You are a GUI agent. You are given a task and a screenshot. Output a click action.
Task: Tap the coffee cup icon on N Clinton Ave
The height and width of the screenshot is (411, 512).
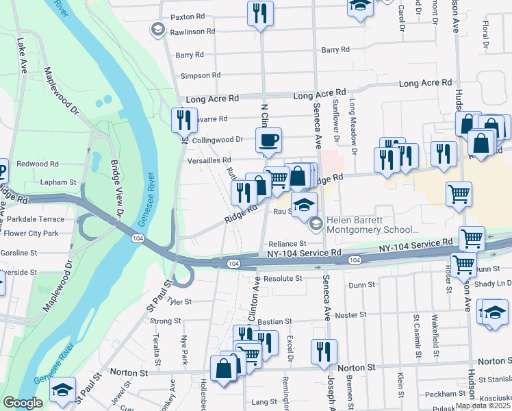click(x=268, y=140)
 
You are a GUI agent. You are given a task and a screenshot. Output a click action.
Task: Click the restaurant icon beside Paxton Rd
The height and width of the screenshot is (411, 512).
click(x=260, y=13)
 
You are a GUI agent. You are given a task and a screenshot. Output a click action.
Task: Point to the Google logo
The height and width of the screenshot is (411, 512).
click(x=23, y=403)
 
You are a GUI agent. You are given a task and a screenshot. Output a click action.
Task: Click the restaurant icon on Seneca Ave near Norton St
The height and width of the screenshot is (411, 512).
click(x=324, y=351)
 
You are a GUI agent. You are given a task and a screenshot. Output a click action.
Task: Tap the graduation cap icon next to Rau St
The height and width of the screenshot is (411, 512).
click(x=304, y=204)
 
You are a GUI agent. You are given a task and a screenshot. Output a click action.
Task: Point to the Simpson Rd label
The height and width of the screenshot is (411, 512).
click(x=200, y=75)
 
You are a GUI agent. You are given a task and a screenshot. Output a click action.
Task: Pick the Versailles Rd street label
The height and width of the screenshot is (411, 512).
click(x=208, y=160)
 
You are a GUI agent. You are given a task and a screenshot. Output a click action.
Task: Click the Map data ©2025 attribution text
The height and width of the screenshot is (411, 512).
click(x=483, y=406)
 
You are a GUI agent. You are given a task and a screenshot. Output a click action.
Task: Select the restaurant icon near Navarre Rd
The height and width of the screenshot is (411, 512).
click(x=184, y=121)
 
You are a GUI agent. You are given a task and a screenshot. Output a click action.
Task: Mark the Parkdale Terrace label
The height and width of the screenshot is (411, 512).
click(x=32, y=219)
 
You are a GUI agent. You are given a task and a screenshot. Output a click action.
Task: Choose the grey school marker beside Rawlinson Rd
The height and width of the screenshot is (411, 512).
click(x=157, y=29)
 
